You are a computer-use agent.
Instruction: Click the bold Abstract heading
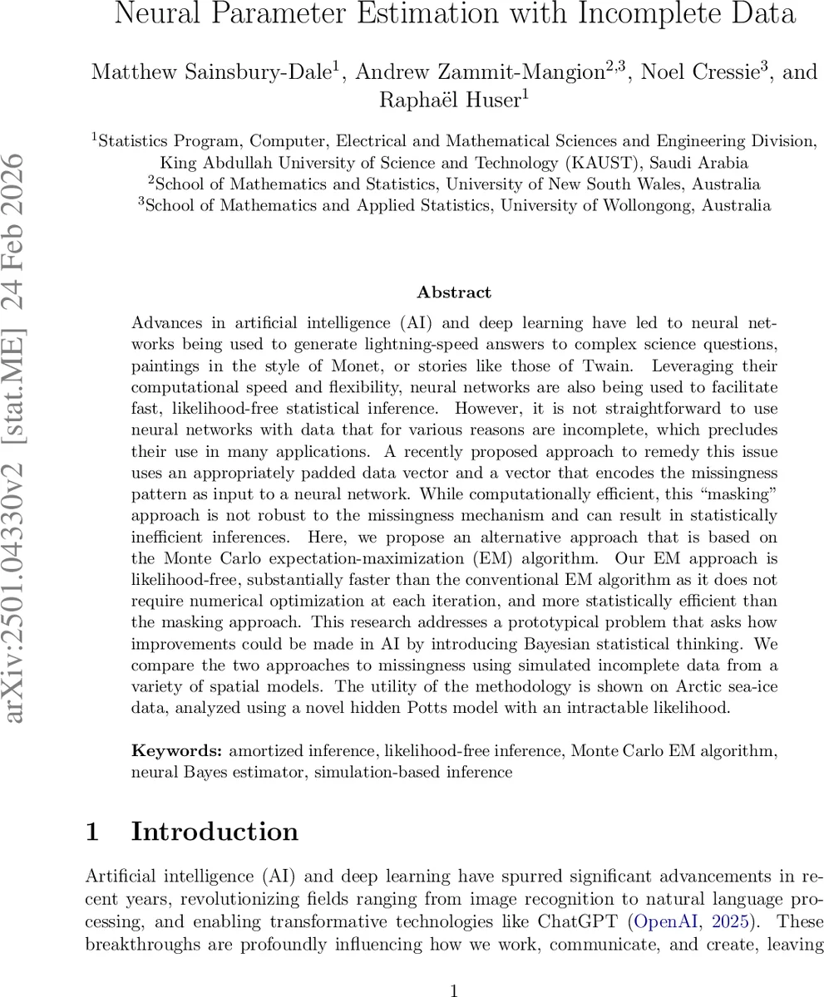point(454,292)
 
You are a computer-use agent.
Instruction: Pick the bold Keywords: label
point(177,751)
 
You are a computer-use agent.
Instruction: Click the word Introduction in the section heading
point(215,832)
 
